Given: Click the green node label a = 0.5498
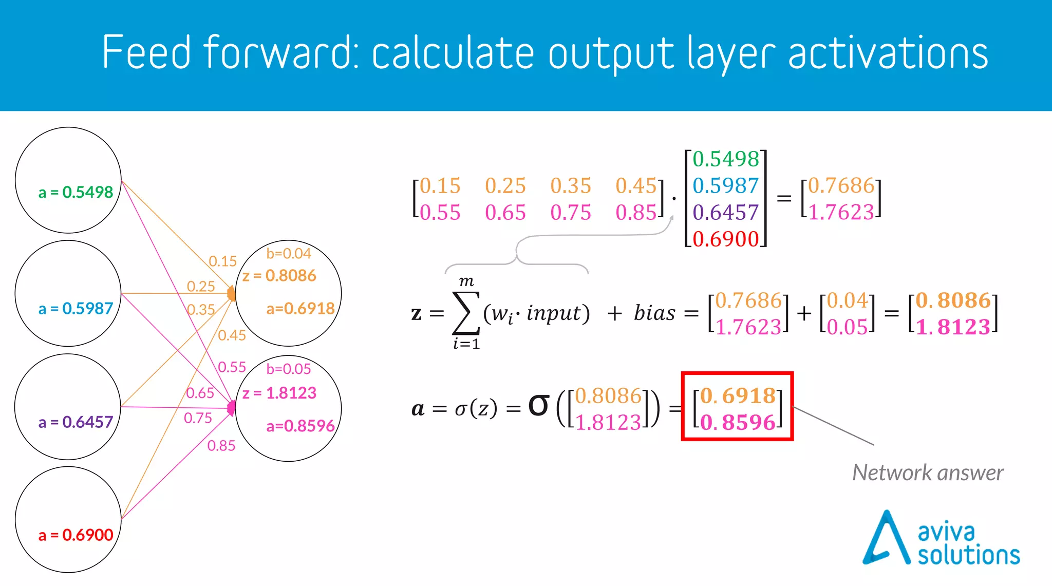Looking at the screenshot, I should pyautogui.click(x=76, y=192).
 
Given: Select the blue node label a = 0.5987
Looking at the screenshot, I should pyautogui.click(x=76, y=308).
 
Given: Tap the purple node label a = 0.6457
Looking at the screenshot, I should pyautogui.click(x=76, y=422).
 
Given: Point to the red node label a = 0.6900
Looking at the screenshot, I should pyautogui.click(x=76, y=535).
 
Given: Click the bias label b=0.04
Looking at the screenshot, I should pyautogui.click(x=289, y=253).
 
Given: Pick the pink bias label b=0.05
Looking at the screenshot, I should pyautogui.click(x=289, y=369).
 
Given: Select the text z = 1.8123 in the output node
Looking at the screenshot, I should pyautogui.click(x=279, y=393).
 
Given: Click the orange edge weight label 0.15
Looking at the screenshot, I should pyautogui.click(x=222, y=261).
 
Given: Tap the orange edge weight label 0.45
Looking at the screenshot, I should pyautogui.click(x=232, y=335).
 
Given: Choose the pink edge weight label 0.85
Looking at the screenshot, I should pyautogui.click(x=221, y=445).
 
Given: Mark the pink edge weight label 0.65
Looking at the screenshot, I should pyautogui.click(x=200, y=393).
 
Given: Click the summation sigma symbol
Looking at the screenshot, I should pyautogui.click(x=466, y=313).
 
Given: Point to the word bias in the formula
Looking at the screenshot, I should pyautogui.click(x=654, y=313).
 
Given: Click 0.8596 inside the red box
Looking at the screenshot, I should pyautogui.click(x=738, y=422).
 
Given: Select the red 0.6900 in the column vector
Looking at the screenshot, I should pyautogui.click(x=725, y=239).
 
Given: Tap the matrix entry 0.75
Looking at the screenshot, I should pyautogui.click(x=571, y=212).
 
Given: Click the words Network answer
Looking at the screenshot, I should pyautogui.click(x=928, y=472).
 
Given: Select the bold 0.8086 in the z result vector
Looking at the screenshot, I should pyautogui.click(x=953, y=300).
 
